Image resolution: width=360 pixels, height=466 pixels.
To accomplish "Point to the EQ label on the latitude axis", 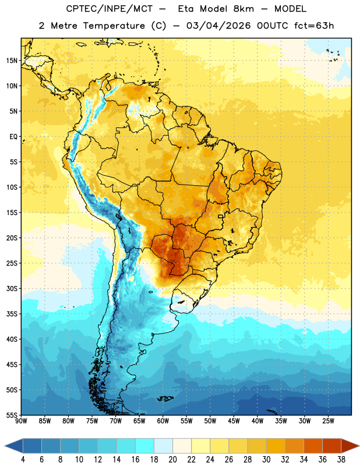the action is coord(13,137).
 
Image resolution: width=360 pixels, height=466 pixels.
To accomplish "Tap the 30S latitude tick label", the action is coord(12,288).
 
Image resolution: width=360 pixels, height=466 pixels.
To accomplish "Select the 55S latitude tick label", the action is coord(12,415).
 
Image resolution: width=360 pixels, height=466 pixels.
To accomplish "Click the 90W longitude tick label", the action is coord(21,421).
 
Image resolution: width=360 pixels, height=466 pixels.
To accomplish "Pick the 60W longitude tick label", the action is coord(163,421).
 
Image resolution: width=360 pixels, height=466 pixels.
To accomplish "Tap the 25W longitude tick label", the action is coord(328,421).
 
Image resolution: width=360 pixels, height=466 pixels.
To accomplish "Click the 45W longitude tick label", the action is coord(234,421).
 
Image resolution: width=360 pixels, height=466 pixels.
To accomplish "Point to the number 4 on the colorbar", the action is coord(23,460).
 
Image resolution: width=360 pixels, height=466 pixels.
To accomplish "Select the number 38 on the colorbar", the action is coord(341,460).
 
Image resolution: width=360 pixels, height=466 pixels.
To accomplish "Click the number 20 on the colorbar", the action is coord(172,460).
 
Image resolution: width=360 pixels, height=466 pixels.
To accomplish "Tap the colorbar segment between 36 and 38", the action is coord(332,446).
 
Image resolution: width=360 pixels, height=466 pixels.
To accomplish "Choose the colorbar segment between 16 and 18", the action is coord(145,446).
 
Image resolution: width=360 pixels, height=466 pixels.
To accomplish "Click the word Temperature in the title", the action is coord(114,26).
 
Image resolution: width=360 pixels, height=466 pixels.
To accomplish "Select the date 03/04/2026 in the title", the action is coord(218,26).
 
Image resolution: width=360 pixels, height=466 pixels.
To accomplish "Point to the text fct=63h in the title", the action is coord(314,26).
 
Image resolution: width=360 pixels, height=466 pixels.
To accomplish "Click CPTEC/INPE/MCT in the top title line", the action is coord(109,9).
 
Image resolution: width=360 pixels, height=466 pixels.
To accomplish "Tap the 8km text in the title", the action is coord(243,9).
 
